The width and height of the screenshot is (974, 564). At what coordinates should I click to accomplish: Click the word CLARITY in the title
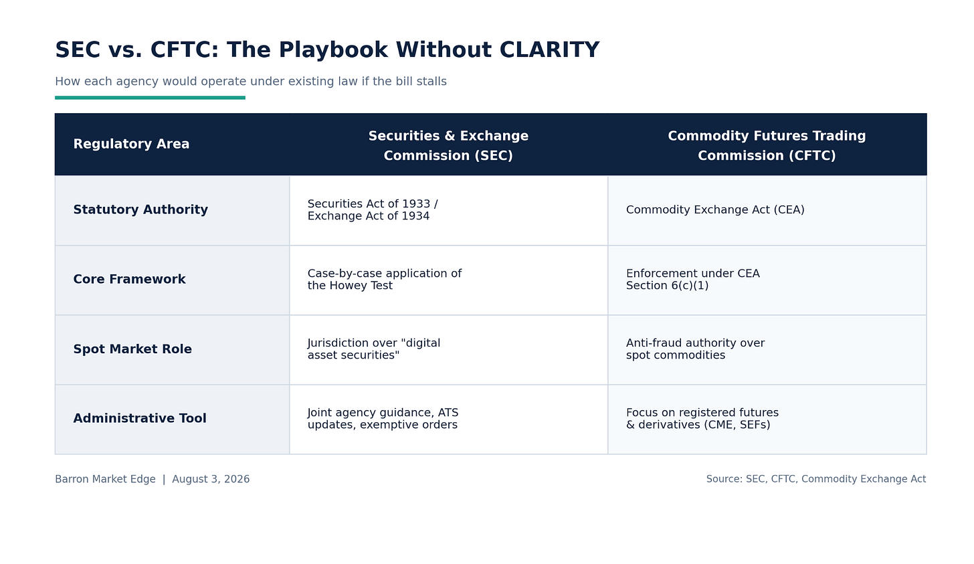[x=549, y=50]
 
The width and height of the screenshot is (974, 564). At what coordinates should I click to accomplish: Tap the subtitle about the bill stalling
[x=250, y=82]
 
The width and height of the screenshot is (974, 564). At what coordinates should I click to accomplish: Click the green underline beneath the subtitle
[x=150, y=98]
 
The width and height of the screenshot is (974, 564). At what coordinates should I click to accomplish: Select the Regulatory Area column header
[x=131, y=144]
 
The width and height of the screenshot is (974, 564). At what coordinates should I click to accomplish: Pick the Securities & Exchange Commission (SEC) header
[x=448, y=146]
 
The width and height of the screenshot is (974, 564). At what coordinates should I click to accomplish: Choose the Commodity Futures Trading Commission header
[x=767, y=146]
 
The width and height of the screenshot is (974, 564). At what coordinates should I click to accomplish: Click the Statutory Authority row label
[x=140, y=209]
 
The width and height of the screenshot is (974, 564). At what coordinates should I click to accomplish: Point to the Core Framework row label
[x=129, y=279]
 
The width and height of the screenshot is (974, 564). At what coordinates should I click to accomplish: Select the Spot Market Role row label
[x=132, y=349]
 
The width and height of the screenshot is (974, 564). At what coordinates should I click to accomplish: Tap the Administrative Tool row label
[x=140, y=418]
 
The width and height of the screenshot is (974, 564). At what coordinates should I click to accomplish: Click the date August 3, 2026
[x=211, y=479]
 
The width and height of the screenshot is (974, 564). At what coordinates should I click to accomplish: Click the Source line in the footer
[x=816, y=479]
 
